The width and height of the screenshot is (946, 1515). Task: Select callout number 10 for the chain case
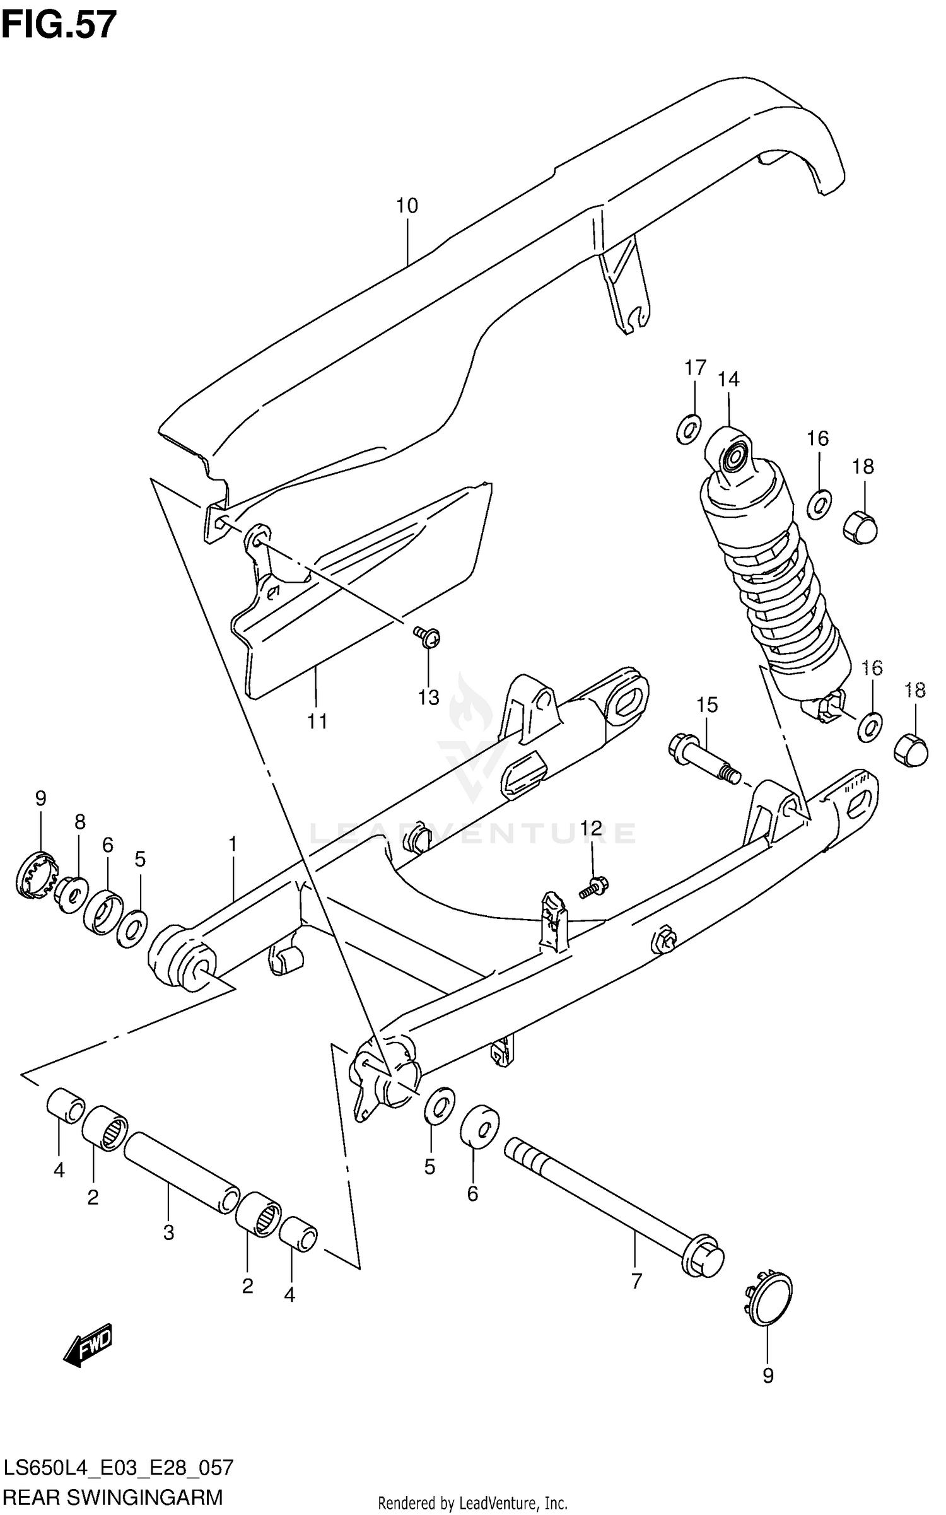click(x=407, y=206)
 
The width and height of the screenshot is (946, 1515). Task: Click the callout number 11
click(x=317, y=722)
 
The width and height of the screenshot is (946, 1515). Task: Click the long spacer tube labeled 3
click(x=182, y=1171)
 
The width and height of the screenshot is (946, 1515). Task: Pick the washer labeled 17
click(x=689, y=430)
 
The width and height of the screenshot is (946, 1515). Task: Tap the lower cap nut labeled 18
click(x=911, y=751)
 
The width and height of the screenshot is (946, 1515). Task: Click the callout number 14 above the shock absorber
click(x=728, y=379)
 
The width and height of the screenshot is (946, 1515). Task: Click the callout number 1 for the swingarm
click(x=233, y=843)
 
